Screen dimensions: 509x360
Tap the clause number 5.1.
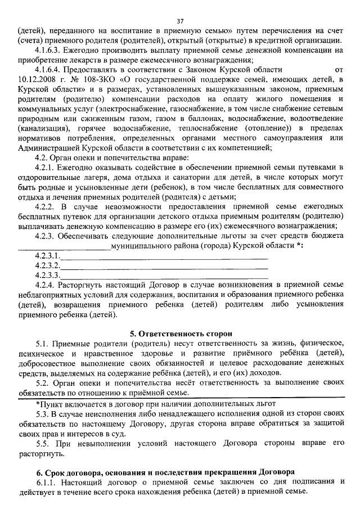pos(42,343)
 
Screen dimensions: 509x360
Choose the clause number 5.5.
pos(42,443)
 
